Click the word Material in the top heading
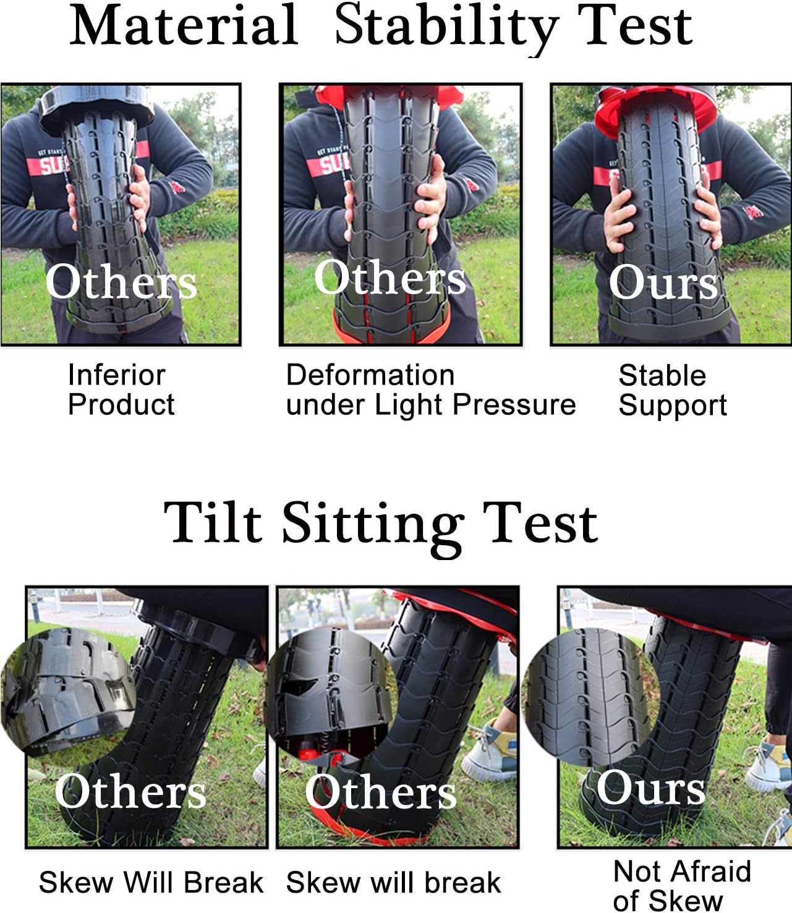click(x=184, y=25)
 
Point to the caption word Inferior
click(x=117, y=375)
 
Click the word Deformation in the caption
click(x=370, y=375)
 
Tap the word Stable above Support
click(x=662, y=375)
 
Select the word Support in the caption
click(x=673, y=406)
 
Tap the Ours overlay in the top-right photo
click(x=663, y=282)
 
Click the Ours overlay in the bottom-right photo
click(x=650, y=788)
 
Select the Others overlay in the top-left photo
click(x=121, y=282)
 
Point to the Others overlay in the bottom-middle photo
click(x=380, y=792)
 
